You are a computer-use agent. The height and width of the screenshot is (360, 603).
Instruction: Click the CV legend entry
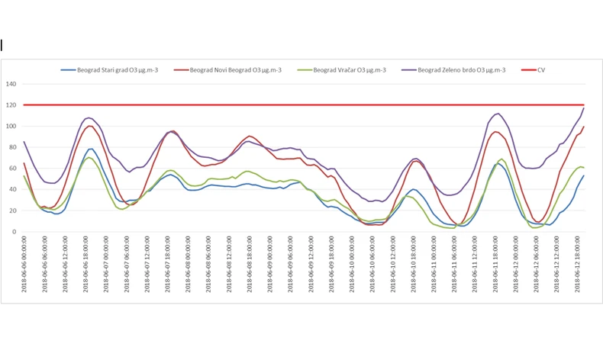click(540, 69)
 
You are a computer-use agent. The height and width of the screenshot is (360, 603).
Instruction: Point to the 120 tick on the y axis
click(11, 104)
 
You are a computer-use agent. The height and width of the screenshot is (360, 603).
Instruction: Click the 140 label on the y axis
click(11, 84)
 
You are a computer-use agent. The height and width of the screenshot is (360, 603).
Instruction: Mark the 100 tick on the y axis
click(11, 126)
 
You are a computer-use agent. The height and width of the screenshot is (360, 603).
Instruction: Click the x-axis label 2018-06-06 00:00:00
click(24, 263)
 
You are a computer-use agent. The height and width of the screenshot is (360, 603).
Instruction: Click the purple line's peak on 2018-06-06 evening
click(89, 117)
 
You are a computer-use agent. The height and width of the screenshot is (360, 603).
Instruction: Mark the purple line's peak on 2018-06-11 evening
click(497, 114)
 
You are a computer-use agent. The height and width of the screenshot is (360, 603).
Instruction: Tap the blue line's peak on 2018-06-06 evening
click(91, 149)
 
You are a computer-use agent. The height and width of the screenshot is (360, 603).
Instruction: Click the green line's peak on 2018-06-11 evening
click(501, 159)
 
